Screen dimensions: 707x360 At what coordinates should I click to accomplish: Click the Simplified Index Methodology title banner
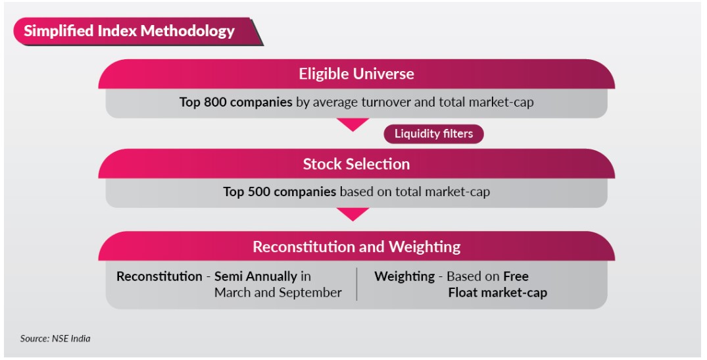pos(137,32)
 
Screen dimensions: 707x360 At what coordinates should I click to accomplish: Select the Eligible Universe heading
pos(356,74)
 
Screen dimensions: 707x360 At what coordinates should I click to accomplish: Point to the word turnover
pos(383,102)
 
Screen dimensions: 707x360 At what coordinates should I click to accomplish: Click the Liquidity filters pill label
pos(433,134)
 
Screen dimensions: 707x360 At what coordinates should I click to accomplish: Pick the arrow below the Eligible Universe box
pos(353,124)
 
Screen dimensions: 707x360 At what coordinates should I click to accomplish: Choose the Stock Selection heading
pos(356,164)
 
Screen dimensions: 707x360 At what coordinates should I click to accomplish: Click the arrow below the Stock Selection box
pos(353,215)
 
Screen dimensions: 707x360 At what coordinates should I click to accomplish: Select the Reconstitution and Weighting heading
pos(356,247)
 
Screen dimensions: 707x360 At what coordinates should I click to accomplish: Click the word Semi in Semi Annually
pos(228,276)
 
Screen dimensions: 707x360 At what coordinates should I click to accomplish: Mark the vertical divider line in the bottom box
pos(356,284)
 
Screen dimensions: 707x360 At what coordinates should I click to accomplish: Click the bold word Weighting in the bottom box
pos(404,276)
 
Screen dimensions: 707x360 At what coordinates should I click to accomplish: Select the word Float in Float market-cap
pos(462,292)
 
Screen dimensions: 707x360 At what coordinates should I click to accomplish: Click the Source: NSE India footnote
pos(55,338)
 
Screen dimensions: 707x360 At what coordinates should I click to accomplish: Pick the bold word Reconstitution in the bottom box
pos(159,276)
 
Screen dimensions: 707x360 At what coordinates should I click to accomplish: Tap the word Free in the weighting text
pos(516,276)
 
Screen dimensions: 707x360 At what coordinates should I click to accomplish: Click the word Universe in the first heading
pos(385,74)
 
